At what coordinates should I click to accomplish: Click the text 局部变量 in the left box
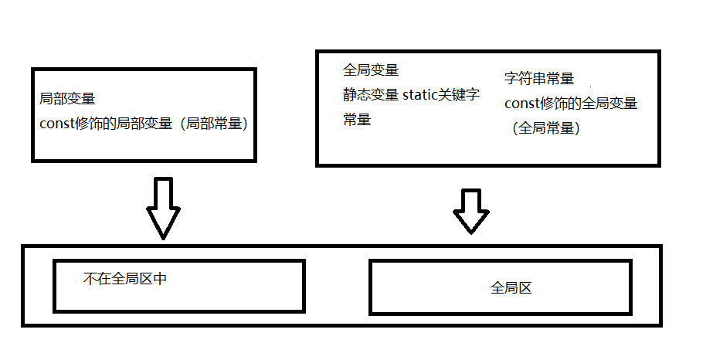tap(67, 99)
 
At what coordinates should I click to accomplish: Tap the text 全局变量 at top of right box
tap(371, 70)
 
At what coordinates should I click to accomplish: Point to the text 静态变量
tap(371, 95)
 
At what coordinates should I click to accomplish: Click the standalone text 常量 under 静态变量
tap(357, 120)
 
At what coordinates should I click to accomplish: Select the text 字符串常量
tap(539, 78)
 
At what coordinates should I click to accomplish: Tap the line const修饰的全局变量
tap(571, 103)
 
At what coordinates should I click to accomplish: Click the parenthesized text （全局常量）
tap(545, 128)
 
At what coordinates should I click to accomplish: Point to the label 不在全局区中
tap(125, 279)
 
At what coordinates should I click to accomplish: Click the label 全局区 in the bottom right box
tap(511, 288)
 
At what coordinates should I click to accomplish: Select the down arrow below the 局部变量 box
tap(163, 206)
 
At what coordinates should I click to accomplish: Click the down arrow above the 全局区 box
tap(470, 210)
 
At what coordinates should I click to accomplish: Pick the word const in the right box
tap(522, 103)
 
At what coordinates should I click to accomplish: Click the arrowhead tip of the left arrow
tap(163, 235)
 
